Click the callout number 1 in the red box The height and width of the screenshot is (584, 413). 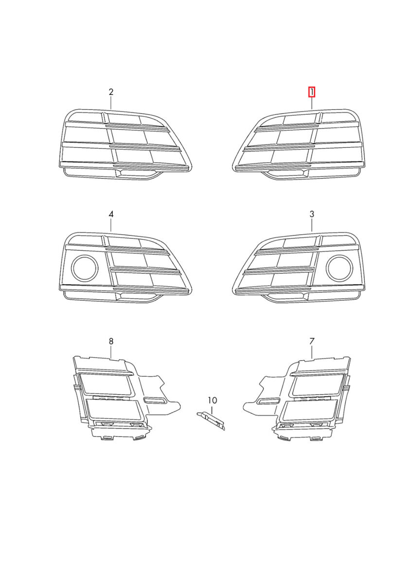[312, 92]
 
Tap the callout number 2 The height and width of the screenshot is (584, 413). [111, 92]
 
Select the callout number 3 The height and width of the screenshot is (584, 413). [312, 214]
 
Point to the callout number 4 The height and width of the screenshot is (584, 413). [111, 214]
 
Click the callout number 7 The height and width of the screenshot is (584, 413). [312, 341]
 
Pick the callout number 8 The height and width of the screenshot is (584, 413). [111, 341]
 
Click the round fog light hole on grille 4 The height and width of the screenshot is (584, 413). [85, 269]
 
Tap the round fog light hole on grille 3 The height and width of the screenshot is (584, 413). [339, 269]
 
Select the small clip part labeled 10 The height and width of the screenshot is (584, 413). [211, 420]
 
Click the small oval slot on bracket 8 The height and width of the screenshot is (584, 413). [154, 401]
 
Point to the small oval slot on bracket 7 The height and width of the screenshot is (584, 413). [269, 401]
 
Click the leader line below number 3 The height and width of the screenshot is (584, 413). [312, 225]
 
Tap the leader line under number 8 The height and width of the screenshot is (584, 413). [111, 352]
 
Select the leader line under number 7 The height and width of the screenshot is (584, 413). [312, 352]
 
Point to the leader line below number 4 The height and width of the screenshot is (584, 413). [111, 225]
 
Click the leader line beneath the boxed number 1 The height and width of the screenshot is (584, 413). [312, 103]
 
